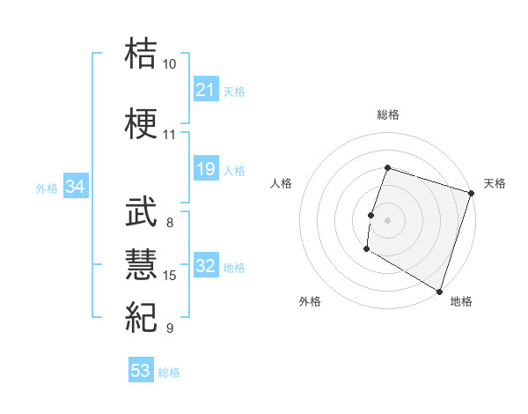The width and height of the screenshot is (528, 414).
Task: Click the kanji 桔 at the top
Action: tap(142, 54)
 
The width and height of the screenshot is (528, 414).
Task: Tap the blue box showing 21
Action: tap(206, 90)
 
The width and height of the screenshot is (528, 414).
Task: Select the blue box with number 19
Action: tap(206, 169)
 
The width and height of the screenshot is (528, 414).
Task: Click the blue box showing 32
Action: tap(206, 267)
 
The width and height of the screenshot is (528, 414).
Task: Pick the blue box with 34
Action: tap(76, 187)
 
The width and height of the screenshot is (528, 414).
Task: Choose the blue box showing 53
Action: tap(141, 371)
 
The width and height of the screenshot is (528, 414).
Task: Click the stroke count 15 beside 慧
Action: tap(170, 276)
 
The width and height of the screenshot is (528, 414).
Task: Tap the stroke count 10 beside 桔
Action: tap(170, 64)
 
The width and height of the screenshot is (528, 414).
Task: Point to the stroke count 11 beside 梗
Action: tap(170, 135)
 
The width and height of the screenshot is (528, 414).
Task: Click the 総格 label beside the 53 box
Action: tap(169, 373)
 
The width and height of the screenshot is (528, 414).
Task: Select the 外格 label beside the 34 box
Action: tap(47, 188)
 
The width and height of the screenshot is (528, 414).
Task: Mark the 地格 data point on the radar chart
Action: tap(439, 291)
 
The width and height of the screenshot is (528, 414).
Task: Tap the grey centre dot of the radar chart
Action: tap(387, 220)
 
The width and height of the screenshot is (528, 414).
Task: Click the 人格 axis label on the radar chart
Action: tap(282, 183)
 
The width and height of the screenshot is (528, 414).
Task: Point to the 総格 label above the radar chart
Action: tap(387, 115)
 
